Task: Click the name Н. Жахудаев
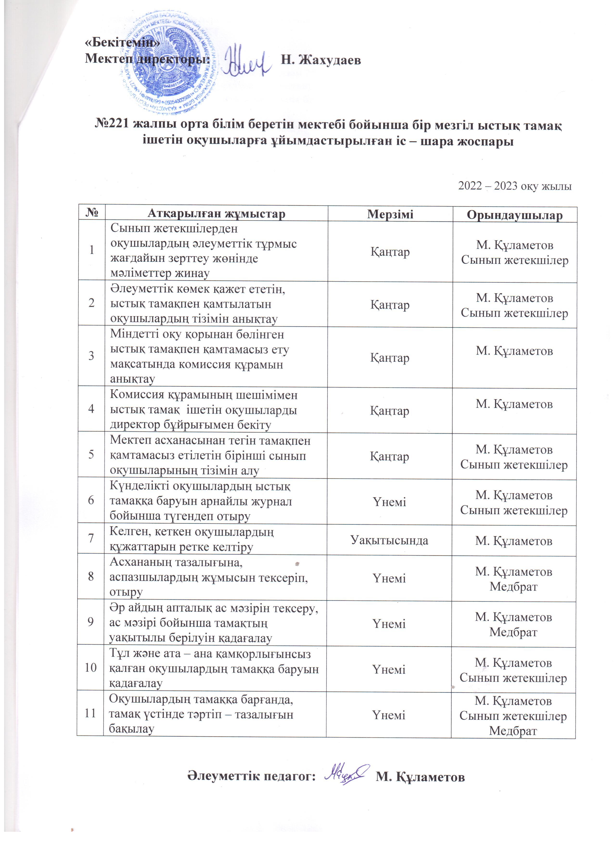point(320,60)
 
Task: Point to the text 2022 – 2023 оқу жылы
point(515,186)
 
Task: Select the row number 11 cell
point(90,713)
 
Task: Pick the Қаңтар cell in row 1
point(390,252)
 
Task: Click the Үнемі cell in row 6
point(390,502)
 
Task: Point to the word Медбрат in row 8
point(513,586)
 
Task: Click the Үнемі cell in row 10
point(389,669)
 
